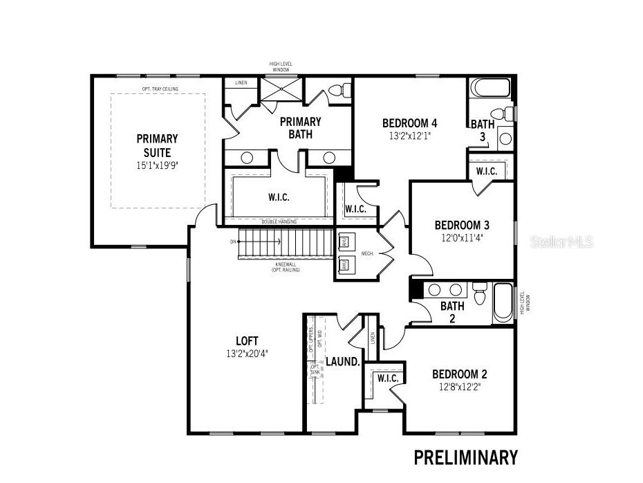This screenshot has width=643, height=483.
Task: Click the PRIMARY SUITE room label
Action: tap(157, 145)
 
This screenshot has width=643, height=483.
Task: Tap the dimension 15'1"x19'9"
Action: tap(157, 165)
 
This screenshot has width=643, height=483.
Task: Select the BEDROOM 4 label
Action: tap(410, 123)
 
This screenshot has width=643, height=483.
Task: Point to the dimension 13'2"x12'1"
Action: tap(410, 136)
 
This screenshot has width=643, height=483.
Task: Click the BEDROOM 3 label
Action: tap(462, 225)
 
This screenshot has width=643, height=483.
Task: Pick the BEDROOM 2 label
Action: tap(460, 374)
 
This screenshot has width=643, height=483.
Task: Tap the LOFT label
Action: tap(247, 340)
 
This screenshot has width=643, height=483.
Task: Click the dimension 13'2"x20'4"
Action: tap(247, 353)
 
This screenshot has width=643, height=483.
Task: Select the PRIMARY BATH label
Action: tap(300, 127)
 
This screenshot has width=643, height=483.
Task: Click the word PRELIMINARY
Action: tap(465, 457)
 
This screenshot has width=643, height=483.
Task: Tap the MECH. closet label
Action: tap(367, 254)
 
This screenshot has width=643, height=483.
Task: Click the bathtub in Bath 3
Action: tap(490, 88)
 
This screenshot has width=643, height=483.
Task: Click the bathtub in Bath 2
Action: tap(503, 302)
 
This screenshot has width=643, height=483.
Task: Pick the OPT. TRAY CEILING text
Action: tap(157, 89)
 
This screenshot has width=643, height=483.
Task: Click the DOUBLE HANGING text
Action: tap(280, 221)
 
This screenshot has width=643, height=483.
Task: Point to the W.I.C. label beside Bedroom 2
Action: tap(388, 379)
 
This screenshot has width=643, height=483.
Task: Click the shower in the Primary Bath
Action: tap(281, 90)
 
